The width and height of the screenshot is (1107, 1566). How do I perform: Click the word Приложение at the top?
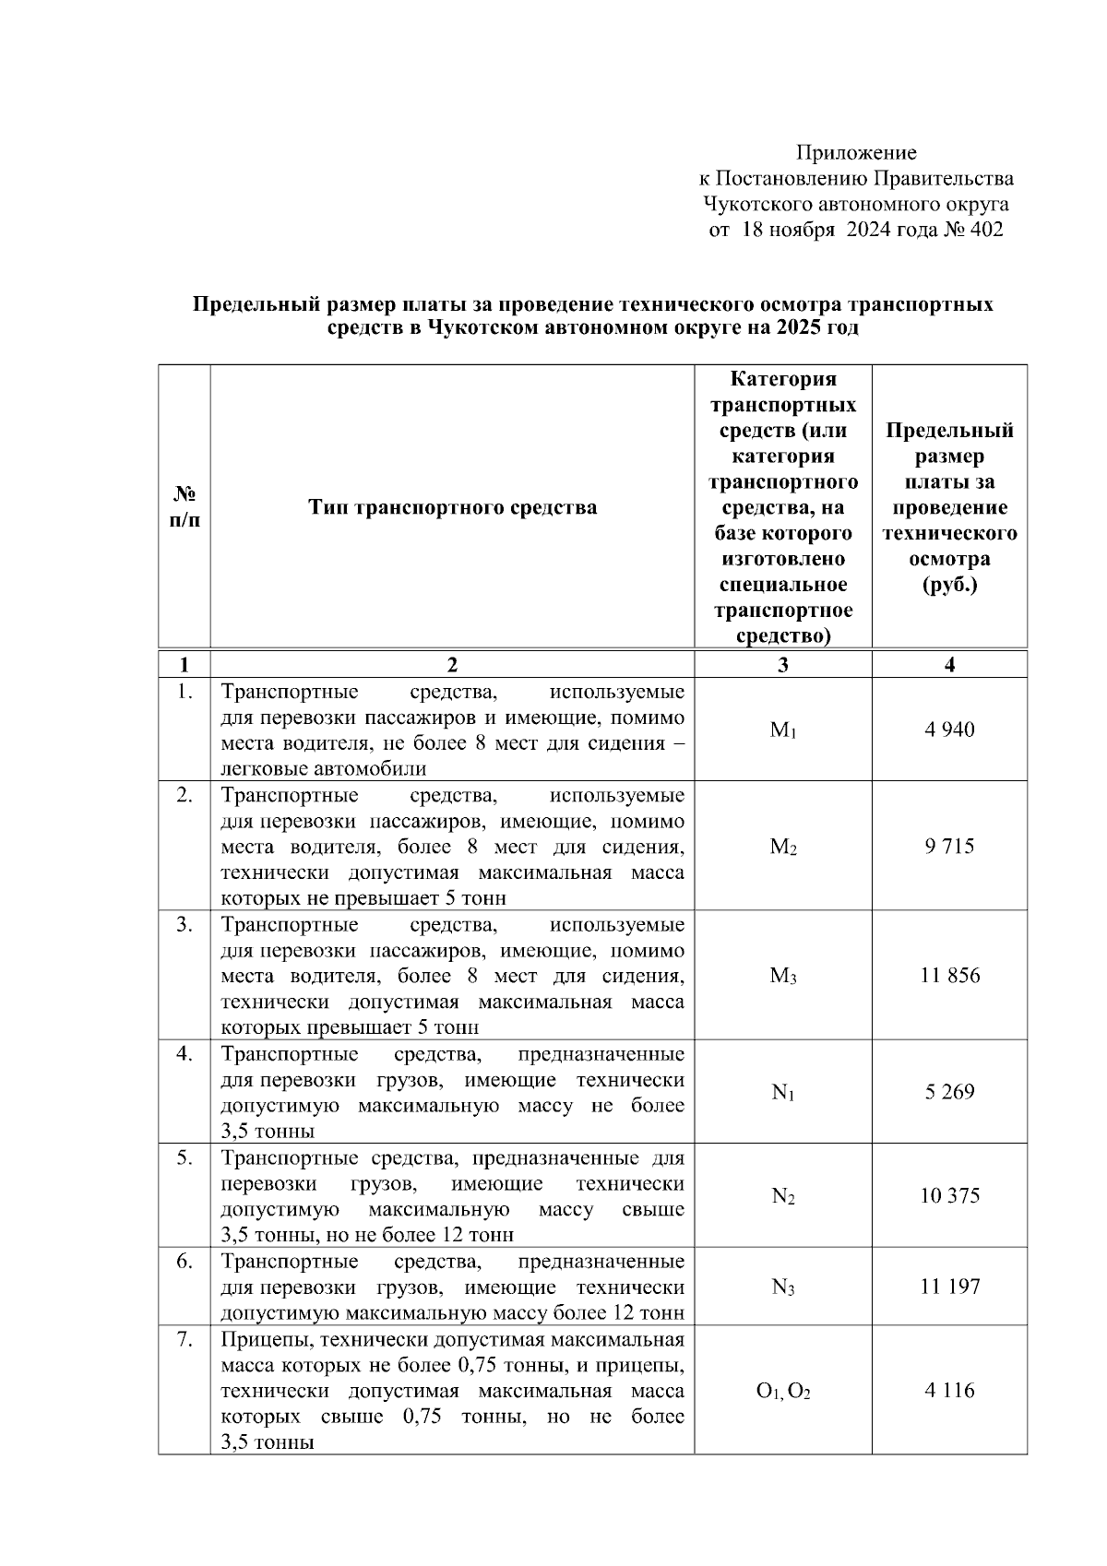click(x=856, y=153)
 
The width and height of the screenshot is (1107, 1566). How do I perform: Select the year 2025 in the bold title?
click(x=800, y=328)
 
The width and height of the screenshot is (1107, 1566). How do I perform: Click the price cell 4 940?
click(x=949, y=730)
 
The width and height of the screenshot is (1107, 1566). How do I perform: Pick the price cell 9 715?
click(x=949, y=846)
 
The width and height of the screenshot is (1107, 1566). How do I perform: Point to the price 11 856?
click(x=949, y=975)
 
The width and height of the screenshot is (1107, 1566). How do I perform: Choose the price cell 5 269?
click(x=949, y=1092)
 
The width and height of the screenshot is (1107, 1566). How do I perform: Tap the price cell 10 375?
click(x=949, y=1195)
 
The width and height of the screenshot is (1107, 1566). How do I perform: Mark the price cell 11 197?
click(x=949, y=1287)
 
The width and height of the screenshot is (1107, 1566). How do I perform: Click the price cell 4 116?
click(x=949, y=1390)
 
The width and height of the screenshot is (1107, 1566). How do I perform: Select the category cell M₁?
click(x=782, y=730)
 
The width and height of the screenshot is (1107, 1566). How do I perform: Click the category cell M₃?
click(x=782, y=976)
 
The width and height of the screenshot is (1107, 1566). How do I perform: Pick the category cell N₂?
click(x=782, y=1196)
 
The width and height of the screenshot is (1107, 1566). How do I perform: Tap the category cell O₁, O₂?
click(x=782, y=1391)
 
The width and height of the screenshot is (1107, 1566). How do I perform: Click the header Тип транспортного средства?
click(x=452, y=507)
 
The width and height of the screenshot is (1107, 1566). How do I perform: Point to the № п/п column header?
click(x=184, y=507)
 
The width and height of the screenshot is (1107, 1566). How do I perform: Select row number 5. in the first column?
click(x=184, y=1157)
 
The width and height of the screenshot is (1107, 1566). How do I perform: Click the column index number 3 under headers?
click(x=782, y=665)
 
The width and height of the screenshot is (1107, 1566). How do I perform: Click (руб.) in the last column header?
click(x=949, y=585)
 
